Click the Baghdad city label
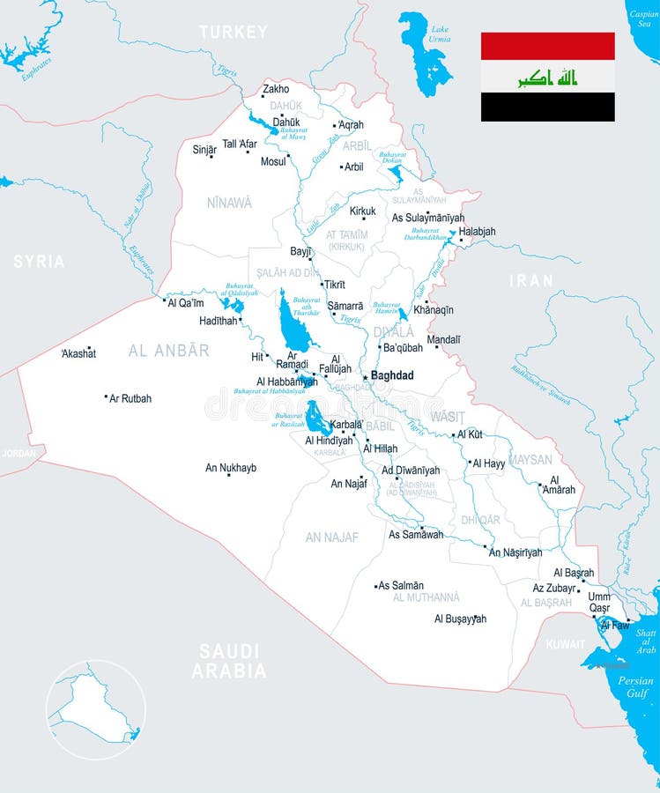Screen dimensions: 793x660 (x=392, y=375)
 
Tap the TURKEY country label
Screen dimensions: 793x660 (x=233, y=33)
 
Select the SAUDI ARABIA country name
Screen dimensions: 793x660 (x=229, y=661)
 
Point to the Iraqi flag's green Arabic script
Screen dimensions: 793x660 (x=547, y=78)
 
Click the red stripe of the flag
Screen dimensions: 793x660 (x=547, y=46)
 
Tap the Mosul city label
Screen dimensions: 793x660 (x=273, y=162)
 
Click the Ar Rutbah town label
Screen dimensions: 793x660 (x=130, y=398)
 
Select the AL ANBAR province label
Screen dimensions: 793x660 (x=169, y=351)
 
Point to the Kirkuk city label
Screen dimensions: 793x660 (x=362, y=211)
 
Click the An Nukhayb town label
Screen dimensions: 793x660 (x=231, y=468)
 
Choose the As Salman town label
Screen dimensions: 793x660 (x=401, y=585)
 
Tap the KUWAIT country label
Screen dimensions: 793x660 (x=565, y=644)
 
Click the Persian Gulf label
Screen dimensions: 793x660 (x=635, y=687)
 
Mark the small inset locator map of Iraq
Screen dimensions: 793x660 (x=95, y=710)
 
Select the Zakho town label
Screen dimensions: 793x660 (x=276, y=89)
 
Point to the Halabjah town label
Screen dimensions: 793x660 (x=477, y=232)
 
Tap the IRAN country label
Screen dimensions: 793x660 (x=531, y=281)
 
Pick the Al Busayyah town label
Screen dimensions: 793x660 (x=460, y=619)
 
